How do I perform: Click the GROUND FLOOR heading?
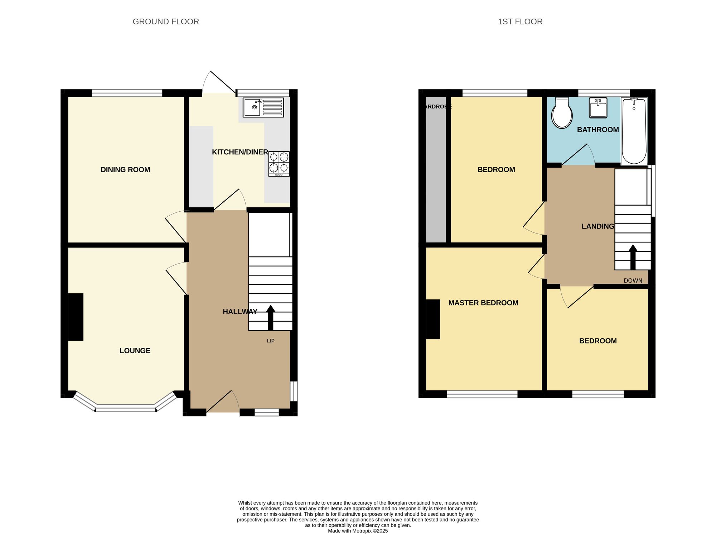(166, 21)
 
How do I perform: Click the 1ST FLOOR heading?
(520, 21)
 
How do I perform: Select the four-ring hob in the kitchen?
(279, 164)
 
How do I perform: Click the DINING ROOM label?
(125, 169)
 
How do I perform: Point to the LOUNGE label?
(135, 351)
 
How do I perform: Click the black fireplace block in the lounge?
(76, 317)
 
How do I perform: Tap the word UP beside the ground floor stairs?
(271, 341)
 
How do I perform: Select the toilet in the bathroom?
(562, 113)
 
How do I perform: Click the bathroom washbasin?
(598, 107)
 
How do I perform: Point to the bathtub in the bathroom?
(634, 131)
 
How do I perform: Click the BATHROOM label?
(598, 130)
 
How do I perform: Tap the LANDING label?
(598, 226)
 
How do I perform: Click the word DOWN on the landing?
(633, 280)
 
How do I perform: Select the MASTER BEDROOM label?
(483, 303)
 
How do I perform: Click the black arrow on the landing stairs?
(633, 257)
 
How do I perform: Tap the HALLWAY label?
(240, 312)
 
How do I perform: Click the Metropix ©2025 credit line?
(358, 531)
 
